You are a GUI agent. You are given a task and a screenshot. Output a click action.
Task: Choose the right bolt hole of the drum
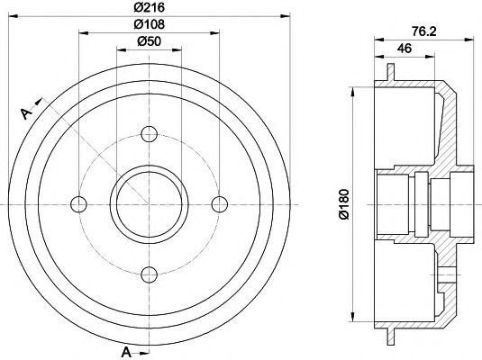pos(218,202)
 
